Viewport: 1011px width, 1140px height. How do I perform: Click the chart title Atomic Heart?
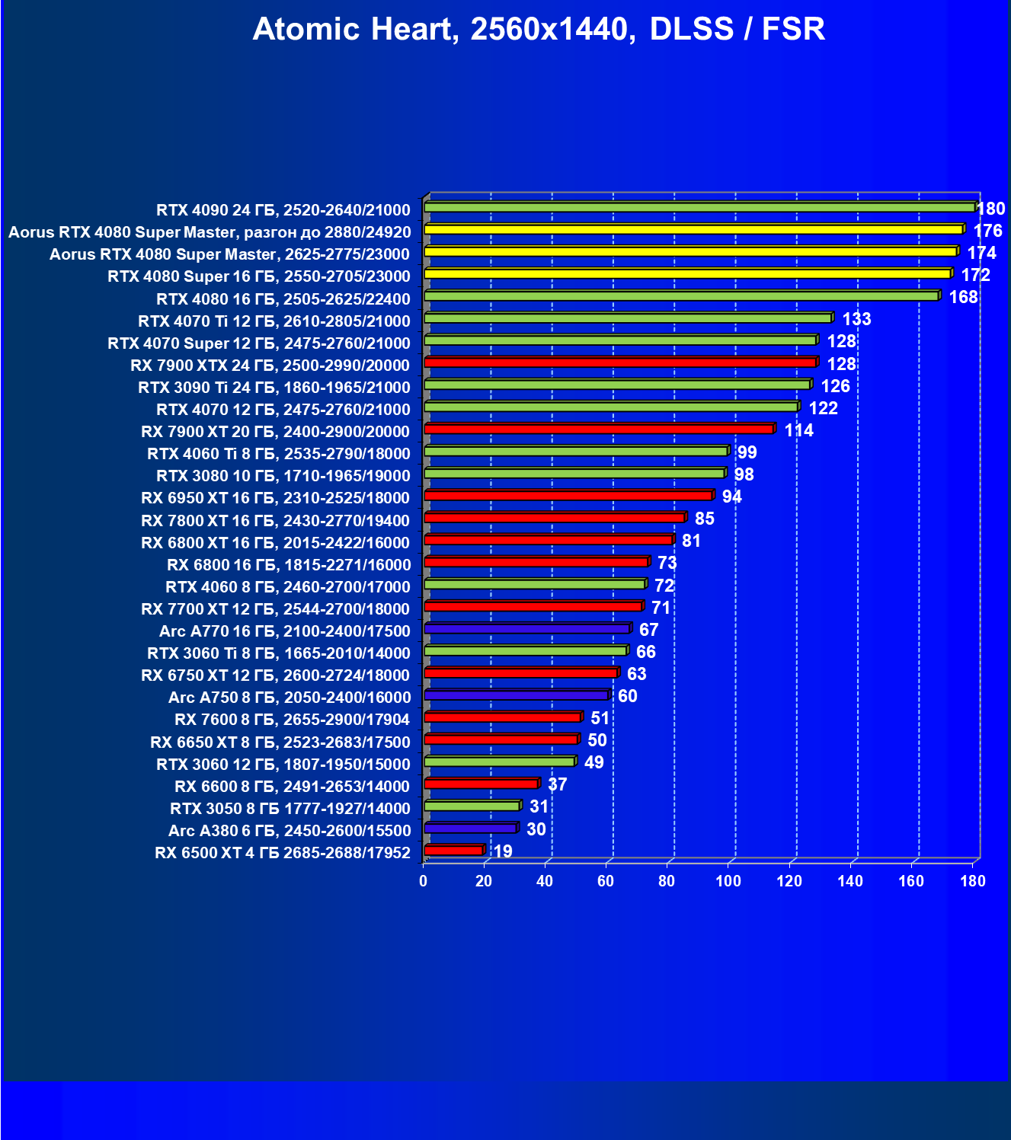coord(539,29)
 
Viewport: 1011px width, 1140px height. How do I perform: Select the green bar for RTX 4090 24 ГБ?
coord(699,207)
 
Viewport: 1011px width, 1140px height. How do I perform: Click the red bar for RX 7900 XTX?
coord(620,362)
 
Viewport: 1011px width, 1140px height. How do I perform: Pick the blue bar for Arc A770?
coord(527,628)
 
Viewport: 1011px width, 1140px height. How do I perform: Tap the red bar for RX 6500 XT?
coord(454,850)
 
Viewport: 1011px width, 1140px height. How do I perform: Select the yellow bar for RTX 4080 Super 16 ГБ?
coord(687,273)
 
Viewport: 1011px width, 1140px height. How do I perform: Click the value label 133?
coord(856,319)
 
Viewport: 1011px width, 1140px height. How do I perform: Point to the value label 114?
coord(798,430)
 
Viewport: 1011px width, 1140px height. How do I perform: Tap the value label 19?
coord(503,851)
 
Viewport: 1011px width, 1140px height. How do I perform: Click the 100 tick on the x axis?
coord(728,881)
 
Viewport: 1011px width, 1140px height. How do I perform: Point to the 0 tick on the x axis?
coord(424,881)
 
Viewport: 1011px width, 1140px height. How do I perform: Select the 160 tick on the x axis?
coord(911,881)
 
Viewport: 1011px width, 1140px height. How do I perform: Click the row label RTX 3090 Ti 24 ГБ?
coord(274,388)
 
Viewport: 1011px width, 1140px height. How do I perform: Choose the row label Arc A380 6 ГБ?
coord(290,831)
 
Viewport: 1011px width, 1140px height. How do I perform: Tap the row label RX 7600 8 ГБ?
coord(293,720)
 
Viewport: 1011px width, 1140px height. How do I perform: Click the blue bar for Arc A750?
coord(517,695)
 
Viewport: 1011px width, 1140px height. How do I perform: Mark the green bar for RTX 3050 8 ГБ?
coord(472,806)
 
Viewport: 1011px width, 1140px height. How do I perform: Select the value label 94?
coord(731,497)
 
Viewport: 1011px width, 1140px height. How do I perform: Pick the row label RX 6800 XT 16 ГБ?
coord(276,543)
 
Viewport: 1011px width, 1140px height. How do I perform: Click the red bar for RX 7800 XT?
coord(555,518)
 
